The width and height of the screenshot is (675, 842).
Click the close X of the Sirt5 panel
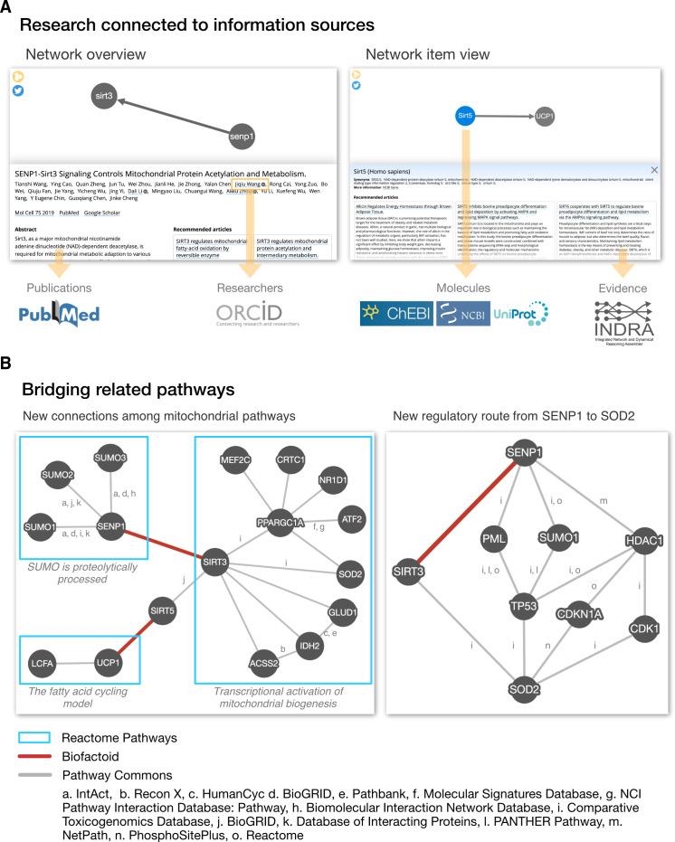coord(654,170)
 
